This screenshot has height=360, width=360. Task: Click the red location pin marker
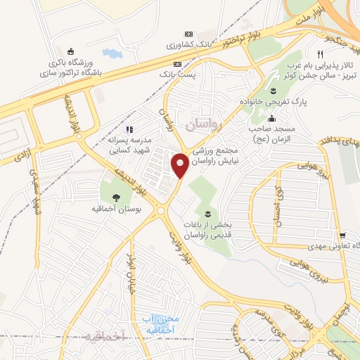coord(181,166)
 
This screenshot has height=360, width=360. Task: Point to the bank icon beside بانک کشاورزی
coord(188,33)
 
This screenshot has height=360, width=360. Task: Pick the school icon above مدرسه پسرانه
coord(128,129)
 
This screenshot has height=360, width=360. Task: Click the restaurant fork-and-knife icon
coord(320,54)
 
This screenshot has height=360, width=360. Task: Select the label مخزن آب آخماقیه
coord(158,323)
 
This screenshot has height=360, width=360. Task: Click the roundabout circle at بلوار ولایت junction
coord(161,209)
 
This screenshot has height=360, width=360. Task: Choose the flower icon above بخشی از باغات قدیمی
coord(207,213)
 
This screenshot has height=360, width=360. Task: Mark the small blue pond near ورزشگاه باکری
coord(111,53)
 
